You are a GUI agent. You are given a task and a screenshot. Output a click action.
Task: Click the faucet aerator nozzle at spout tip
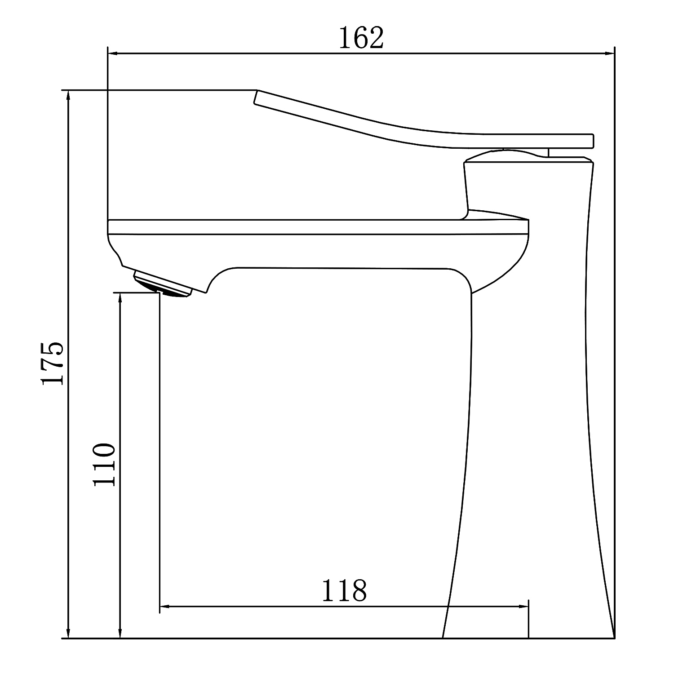tap(163, 284)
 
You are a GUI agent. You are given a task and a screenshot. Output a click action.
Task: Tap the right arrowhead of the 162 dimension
tap(609, 54)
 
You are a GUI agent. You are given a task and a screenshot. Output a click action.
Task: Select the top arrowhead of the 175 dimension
tap(68, 95)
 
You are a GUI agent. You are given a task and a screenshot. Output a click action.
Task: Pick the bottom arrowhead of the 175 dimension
tap(68, 633)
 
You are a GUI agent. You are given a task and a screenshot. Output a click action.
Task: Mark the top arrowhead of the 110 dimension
tap(120, 298)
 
